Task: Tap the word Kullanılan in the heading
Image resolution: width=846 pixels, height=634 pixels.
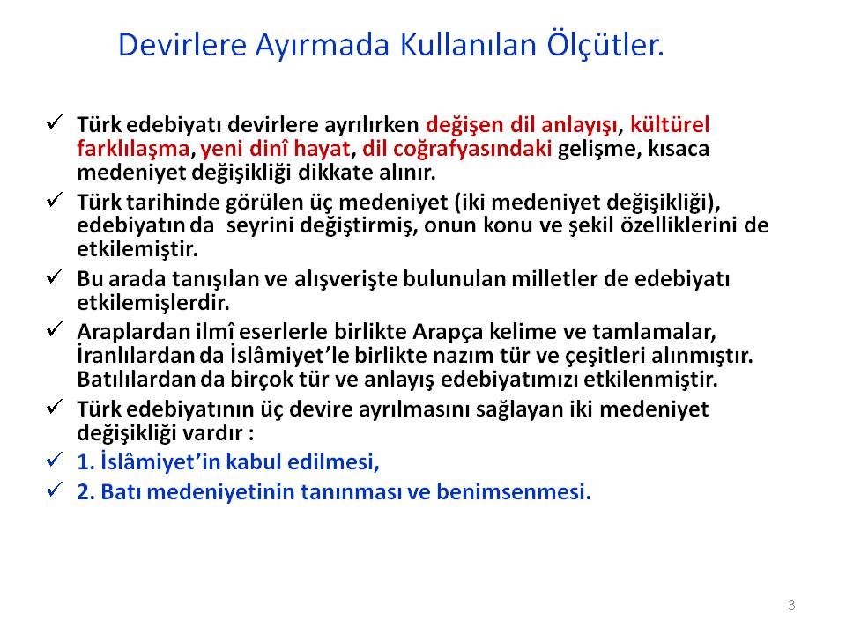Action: pos(468,44)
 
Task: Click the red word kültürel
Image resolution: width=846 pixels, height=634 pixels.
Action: pos(670,124)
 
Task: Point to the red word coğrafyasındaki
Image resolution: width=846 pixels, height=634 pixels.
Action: pos(457,149)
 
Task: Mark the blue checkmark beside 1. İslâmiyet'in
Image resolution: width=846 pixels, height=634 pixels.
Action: pos(55,460)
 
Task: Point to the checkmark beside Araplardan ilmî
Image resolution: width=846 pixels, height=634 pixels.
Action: pos(55,328)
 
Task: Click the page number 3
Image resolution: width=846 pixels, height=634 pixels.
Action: pos(791,605)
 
